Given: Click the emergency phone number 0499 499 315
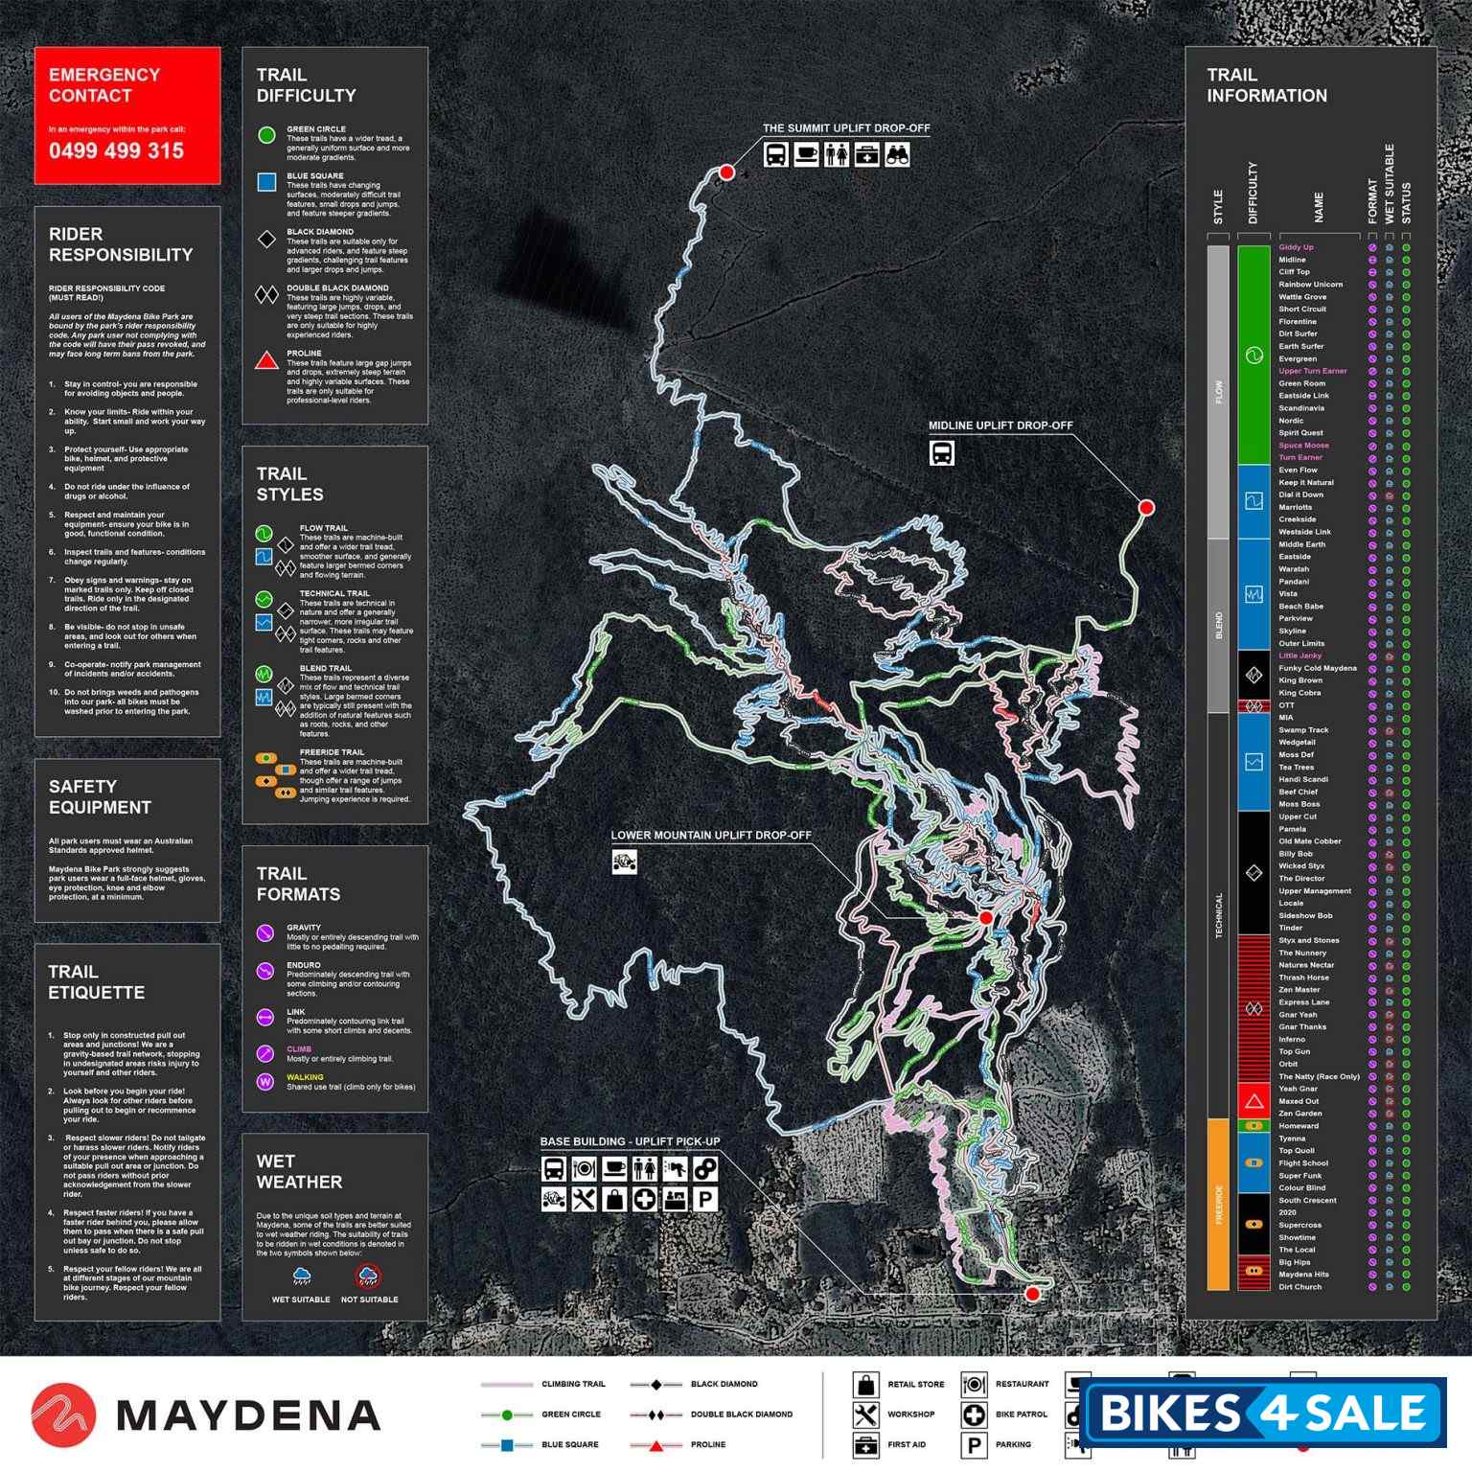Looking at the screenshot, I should (116, 150).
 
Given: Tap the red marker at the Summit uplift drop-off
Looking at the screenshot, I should (726, 172).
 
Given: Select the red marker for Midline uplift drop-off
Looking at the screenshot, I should (1146, 507).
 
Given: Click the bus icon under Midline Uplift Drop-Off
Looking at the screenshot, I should (941, 452).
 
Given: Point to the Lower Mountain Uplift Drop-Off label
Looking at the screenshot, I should (711, 835).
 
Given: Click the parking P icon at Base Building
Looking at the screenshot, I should (704, 1199).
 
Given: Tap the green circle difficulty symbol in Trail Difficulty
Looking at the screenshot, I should (267, 135).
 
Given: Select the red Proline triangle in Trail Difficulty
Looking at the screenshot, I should (267, 361).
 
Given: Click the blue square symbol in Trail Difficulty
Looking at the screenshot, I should (267, 182).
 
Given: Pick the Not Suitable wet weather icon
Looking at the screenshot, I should (368, 1276).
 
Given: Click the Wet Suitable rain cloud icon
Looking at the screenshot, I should (301, 1276).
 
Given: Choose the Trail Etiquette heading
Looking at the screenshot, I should (96, 982).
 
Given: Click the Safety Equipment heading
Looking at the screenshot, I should (100, 796).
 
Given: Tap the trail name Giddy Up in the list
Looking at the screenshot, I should (1296, 247).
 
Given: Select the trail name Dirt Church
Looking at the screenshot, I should (1299, 1287).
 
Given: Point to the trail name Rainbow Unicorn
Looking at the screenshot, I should (1310, 285).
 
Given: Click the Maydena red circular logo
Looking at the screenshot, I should (63, 1414).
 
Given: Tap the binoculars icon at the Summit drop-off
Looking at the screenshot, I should (896, 154).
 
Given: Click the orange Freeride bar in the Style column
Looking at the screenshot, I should (1218, 1204).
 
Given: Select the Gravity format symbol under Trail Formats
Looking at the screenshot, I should (265, 933).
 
